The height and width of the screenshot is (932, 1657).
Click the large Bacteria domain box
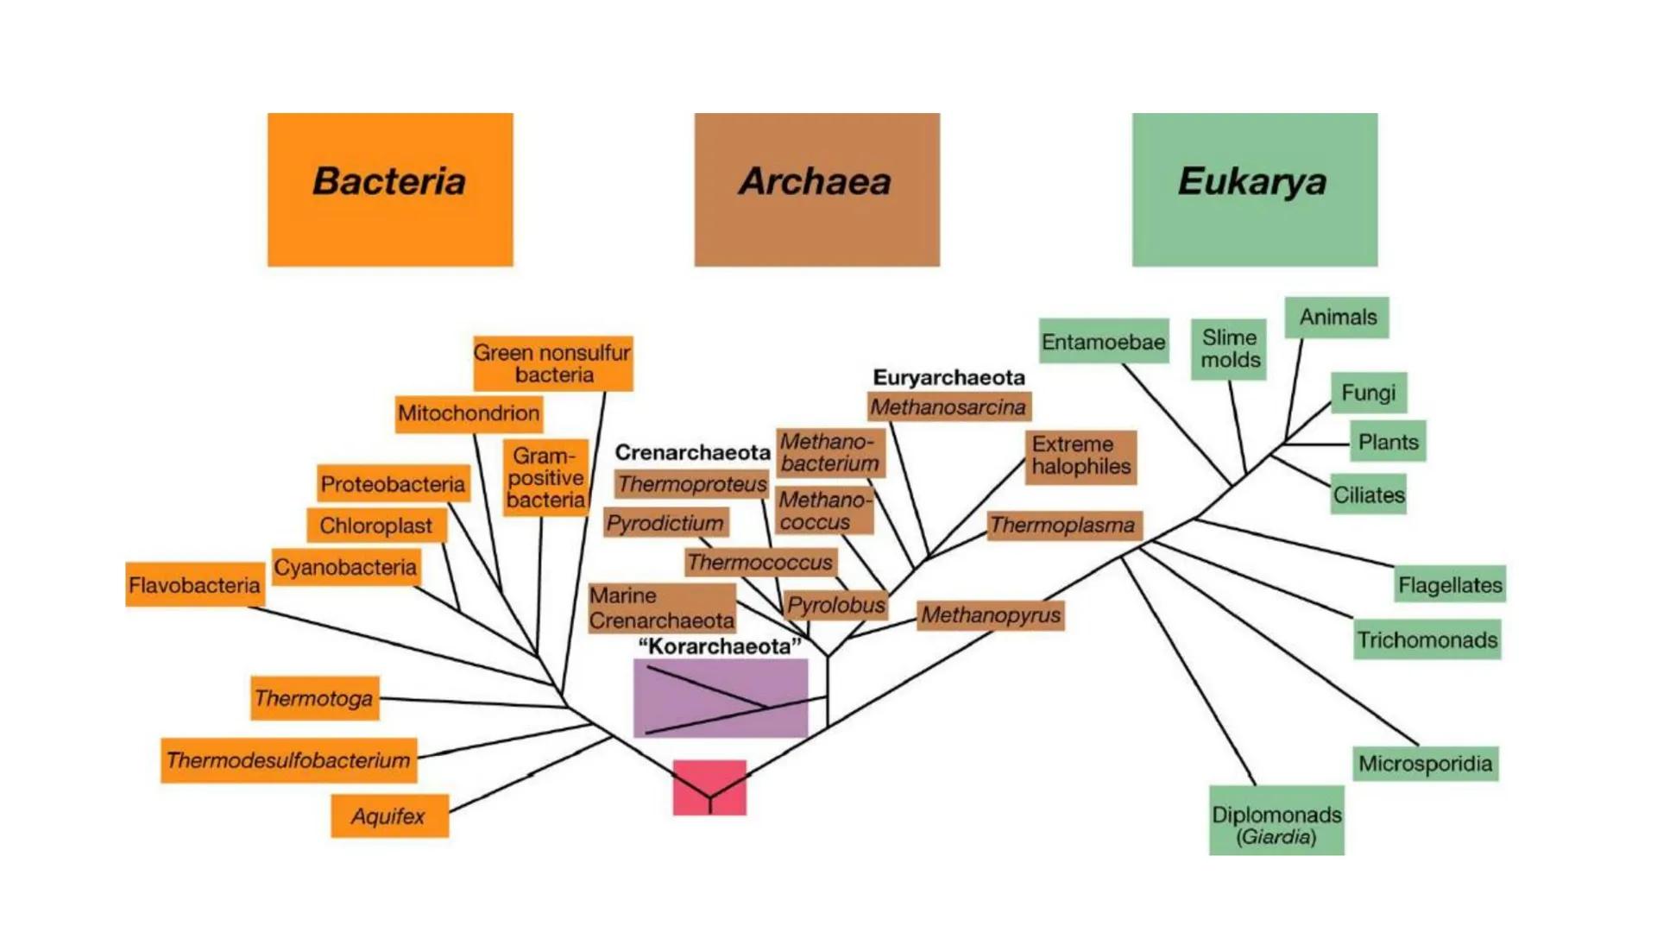(x=390, y=189)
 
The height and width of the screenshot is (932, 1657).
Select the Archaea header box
(x=816, y=189)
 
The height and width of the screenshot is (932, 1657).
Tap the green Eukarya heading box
(x=1254, y=189)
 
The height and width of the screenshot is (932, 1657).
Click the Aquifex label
(x=389, y=815)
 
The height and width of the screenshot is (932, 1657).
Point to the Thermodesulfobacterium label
(x=288, y=760)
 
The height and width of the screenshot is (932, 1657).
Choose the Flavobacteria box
(x=194, y=585)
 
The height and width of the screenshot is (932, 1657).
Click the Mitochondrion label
(x=469, y=413)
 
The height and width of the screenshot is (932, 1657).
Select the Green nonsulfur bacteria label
(x=552, y=363)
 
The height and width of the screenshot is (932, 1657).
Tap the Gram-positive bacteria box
(x=545, y=477)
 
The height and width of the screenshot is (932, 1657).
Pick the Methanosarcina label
(x=948, y=406)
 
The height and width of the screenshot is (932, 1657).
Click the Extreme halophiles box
(x=1081, y=456)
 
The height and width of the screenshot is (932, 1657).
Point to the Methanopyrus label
(x=990, y=615)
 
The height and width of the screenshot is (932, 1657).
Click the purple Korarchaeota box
(x=721, y=698)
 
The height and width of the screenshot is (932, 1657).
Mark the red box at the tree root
(x=709, y=786)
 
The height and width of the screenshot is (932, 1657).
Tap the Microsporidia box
(x=1425, y=764)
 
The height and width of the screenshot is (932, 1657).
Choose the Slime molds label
(x=1230, y=349)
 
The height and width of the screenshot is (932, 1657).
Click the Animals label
(x=1337, y=318)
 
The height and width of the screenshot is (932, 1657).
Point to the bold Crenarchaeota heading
(x=692, y=452)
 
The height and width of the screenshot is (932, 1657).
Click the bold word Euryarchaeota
(x=948, y=377)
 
